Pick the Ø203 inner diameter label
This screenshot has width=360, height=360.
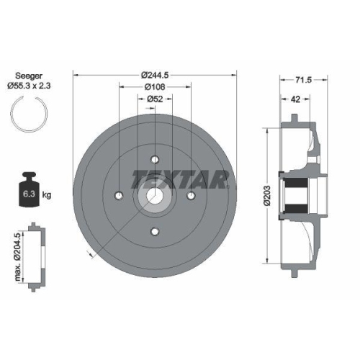266,193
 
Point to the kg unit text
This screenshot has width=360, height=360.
47,195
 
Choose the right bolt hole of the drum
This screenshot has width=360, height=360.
190,195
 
